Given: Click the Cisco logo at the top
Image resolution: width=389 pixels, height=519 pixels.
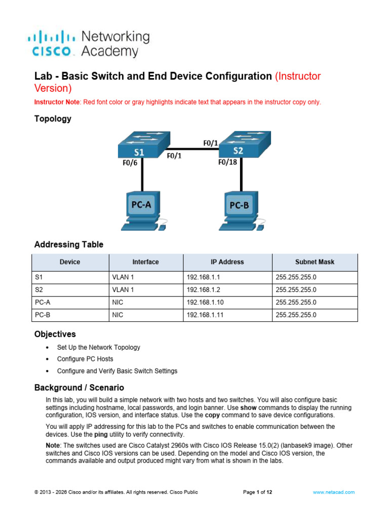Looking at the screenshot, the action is [x=52, y=44].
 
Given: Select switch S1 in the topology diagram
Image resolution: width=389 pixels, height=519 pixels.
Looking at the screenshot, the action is [x=144, y=144].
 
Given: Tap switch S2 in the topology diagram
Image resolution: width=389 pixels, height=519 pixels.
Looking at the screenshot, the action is [x=245, y=144].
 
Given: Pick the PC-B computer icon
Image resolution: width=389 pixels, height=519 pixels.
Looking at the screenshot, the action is [x=242, y=211].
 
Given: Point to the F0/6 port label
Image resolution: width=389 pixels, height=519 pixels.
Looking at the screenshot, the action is [x=130, y=163].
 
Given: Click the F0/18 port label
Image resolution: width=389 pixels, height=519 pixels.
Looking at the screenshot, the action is [x=227, y=162].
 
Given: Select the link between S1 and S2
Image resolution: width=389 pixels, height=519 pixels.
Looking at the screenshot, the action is [x=194, y=149].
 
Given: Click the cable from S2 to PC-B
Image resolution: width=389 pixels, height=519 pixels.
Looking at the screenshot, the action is [x=241, y=174].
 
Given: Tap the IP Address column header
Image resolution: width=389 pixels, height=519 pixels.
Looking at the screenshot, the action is [x=227, y=262].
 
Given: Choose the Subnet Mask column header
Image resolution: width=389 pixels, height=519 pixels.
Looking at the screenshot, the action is [x=315, y=262].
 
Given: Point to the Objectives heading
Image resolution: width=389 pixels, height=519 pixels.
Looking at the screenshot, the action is [x=55, y=335].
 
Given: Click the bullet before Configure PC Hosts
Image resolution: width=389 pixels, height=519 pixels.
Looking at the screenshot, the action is [x=47, y=359].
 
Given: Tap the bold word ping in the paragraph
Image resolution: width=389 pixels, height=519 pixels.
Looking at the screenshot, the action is [x=101, y=434].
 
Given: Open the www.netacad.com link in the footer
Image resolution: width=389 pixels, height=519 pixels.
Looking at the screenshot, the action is [x=333, y=492].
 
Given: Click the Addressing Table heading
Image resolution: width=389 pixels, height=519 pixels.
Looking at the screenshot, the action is [x=69, y=245].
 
